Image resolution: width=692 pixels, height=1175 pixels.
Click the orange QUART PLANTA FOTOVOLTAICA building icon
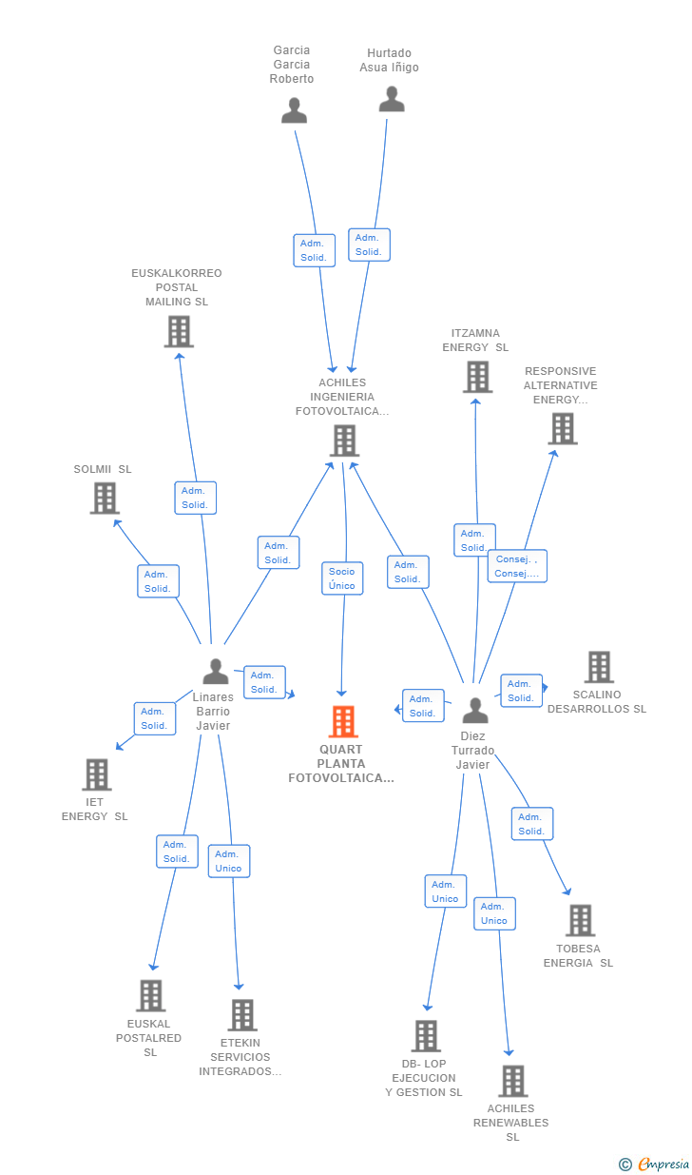(x=344, y=721)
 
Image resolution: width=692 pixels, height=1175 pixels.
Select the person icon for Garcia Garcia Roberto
(x=294, y=110)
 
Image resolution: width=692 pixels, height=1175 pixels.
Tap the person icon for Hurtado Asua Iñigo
(x=392, y=99)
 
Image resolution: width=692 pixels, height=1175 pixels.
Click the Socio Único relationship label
(x=342, y=578)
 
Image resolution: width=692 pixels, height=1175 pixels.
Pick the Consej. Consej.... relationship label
(x=517, y=566)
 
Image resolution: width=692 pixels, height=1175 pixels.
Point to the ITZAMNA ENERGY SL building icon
(x=477, y=377)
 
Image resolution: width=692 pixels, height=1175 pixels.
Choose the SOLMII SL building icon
(x=105, y=498)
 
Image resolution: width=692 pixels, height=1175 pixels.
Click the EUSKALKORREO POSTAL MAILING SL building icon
(x=180, y=331)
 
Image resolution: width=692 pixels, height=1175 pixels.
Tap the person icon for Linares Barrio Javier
(x=216, y=672)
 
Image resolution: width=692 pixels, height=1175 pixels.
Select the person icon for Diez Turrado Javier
(x=475, y=711)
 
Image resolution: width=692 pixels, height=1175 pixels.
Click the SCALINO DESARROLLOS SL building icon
(x=599, y=667)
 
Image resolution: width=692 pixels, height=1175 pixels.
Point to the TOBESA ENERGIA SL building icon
(x=581, y=920)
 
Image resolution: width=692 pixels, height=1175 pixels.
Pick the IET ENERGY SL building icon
(x=97, y=774)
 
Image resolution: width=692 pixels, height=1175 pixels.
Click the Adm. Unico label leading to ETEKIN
(x=229, y=861)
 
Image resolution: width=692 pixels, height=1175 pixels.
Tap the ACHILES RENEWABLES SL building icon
(x=513, y=1081)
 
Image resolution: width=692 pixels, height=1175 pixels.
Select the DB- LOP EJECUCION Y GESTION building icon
(x=426, y=1036)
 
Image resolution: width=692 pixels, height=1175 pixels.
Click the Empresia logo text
(x=663, y=1164)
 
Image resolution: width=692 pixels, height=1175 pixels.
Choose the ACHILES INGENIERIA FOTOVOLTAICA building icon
(x=344, y=441)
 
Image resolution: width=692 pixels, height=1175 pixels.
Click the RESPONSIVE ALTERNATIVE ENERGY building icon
(x=563, y=428)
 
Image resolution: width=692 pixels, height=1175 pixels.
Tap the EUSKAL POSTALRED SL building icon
(x=151, y=995)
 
